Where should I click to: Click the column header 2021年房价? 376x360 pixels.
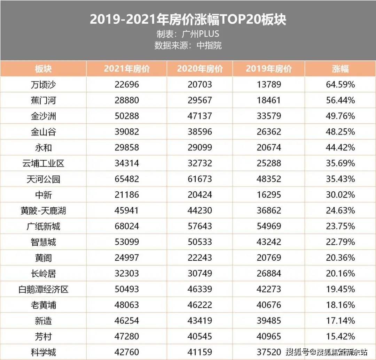point(127,69)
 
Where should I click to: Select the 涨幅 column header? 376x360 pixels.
point(340,69)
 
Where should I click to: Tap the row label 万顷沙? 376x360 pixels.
point(43,85)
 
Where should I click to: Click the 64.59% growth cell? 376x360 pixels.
point(340,85)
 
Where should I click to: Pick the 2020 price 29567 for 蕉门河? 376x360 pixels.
point(199,100)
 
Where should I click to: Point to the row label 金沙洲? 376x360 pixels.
point(43,116)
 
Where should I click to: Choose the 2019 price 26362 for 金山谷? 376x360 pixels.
point(268,132)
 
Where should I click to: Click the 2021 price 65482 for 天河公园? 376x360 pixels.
point(127,179)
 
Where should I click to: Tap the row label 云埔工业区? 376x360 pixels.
point(43,163)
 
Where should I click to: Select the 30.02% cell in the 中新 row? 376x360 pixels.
point(340,195)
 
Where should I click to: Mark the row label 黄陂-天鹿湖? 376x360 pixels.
point(43,210)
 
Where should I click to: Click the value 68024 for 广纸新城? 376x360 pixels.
point(127,227)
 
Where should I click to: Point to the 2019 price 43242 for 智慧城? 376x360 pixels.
point(268,242)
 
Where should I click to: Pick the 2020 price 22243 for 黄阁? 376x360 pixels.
point(199,258)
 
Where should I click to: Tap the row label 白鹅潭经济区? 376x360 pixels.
point(43,289)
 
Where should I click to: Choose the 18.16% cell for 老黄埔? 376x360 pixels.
point(340,305)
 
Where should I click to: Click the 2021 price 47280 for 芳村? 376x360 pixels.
point(127,337)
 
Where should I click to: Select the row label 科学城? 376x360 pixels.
point(43,352)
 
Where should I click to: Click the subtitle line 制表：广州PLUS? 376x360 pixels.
point(188,34)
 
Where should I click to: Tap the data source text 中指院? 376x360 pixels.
point(209,45)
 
